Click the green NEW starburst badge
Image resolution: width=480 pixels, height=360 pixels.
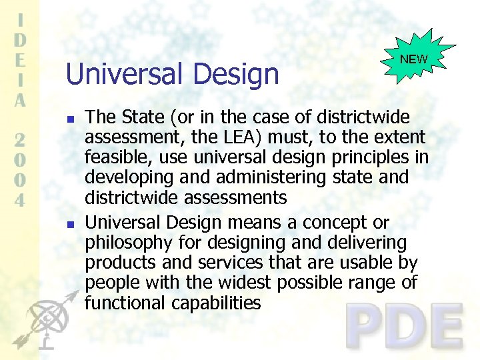(414, 59)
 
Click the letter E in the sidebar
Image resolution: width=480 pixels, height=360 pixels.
(21, 59)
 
